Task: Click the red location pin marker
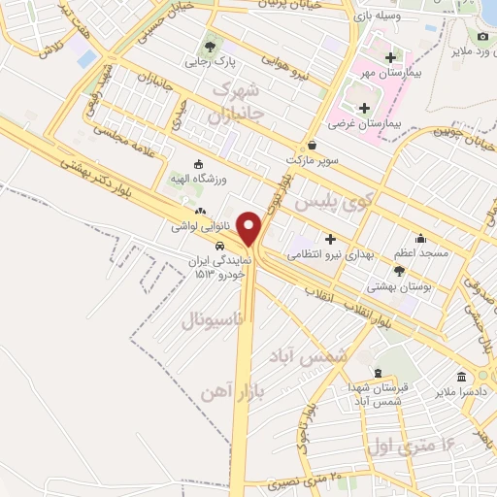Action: (x=250, y=228)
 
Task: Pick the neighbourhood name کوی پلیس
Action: (x=334, y=203)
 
